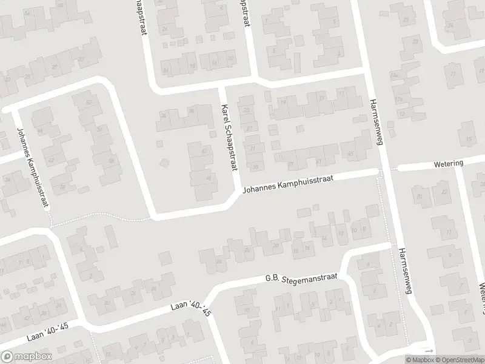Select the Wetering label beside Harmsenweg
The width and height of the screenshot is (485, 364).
point(449,163)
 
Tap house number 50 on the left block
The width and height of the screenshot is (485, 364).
point(99,129)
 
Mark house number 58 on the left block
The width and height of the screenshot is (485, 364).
point(111,161)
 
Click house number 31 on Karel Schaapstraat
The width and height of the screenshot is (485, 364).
point(253,147)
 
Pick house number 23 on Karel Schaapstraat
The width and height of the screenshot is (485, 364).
point(246,110)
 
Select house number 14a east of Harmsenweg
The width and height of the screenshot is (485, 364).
point(394,75)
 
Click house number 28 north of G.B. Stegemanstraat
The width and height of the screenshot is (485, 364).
point(219,261)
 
